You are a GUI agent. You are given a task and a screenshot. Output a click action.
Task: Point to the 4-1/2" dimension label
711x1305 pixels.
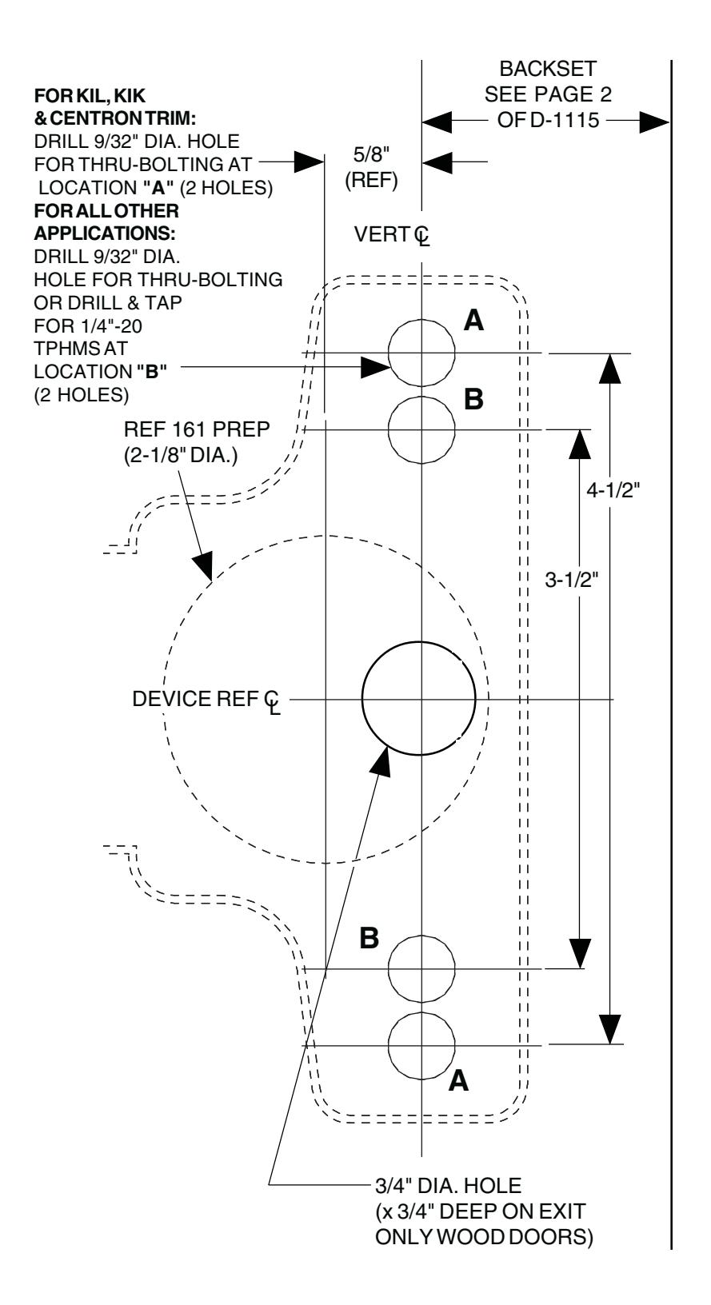point(613,490)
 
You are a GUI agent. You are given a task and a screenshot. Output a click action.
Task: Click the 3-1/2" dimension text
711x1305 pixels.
point(572,580)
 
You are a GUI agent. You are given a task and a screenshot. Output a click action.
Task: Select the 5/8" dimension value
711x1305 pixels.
point(371,154)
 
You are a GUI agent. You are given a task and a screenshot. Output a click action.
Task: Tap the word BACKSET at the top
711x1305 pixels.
point(548,69)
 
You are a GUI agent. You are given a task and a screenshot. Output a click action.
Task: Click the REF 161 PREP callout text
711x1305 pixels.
point(197,429)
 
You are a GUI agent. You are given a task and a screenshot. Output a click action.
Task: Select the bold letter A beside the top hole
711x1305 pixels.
point(473,321)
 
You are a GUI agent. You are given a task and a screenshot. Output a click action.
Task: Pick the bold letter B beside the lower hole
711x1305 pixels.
point(369,938)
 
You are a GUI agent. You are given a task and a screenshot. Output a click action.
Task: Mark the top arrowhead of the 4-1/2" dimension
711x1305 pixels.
point(610,368)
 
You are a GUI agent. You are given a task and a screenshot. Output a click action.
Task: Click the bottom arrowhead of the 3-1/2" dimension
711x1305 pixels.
point(580,954)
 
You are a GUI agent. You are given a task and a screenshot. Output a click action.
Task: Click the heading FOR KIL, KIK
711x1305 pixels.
point(90,95)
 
